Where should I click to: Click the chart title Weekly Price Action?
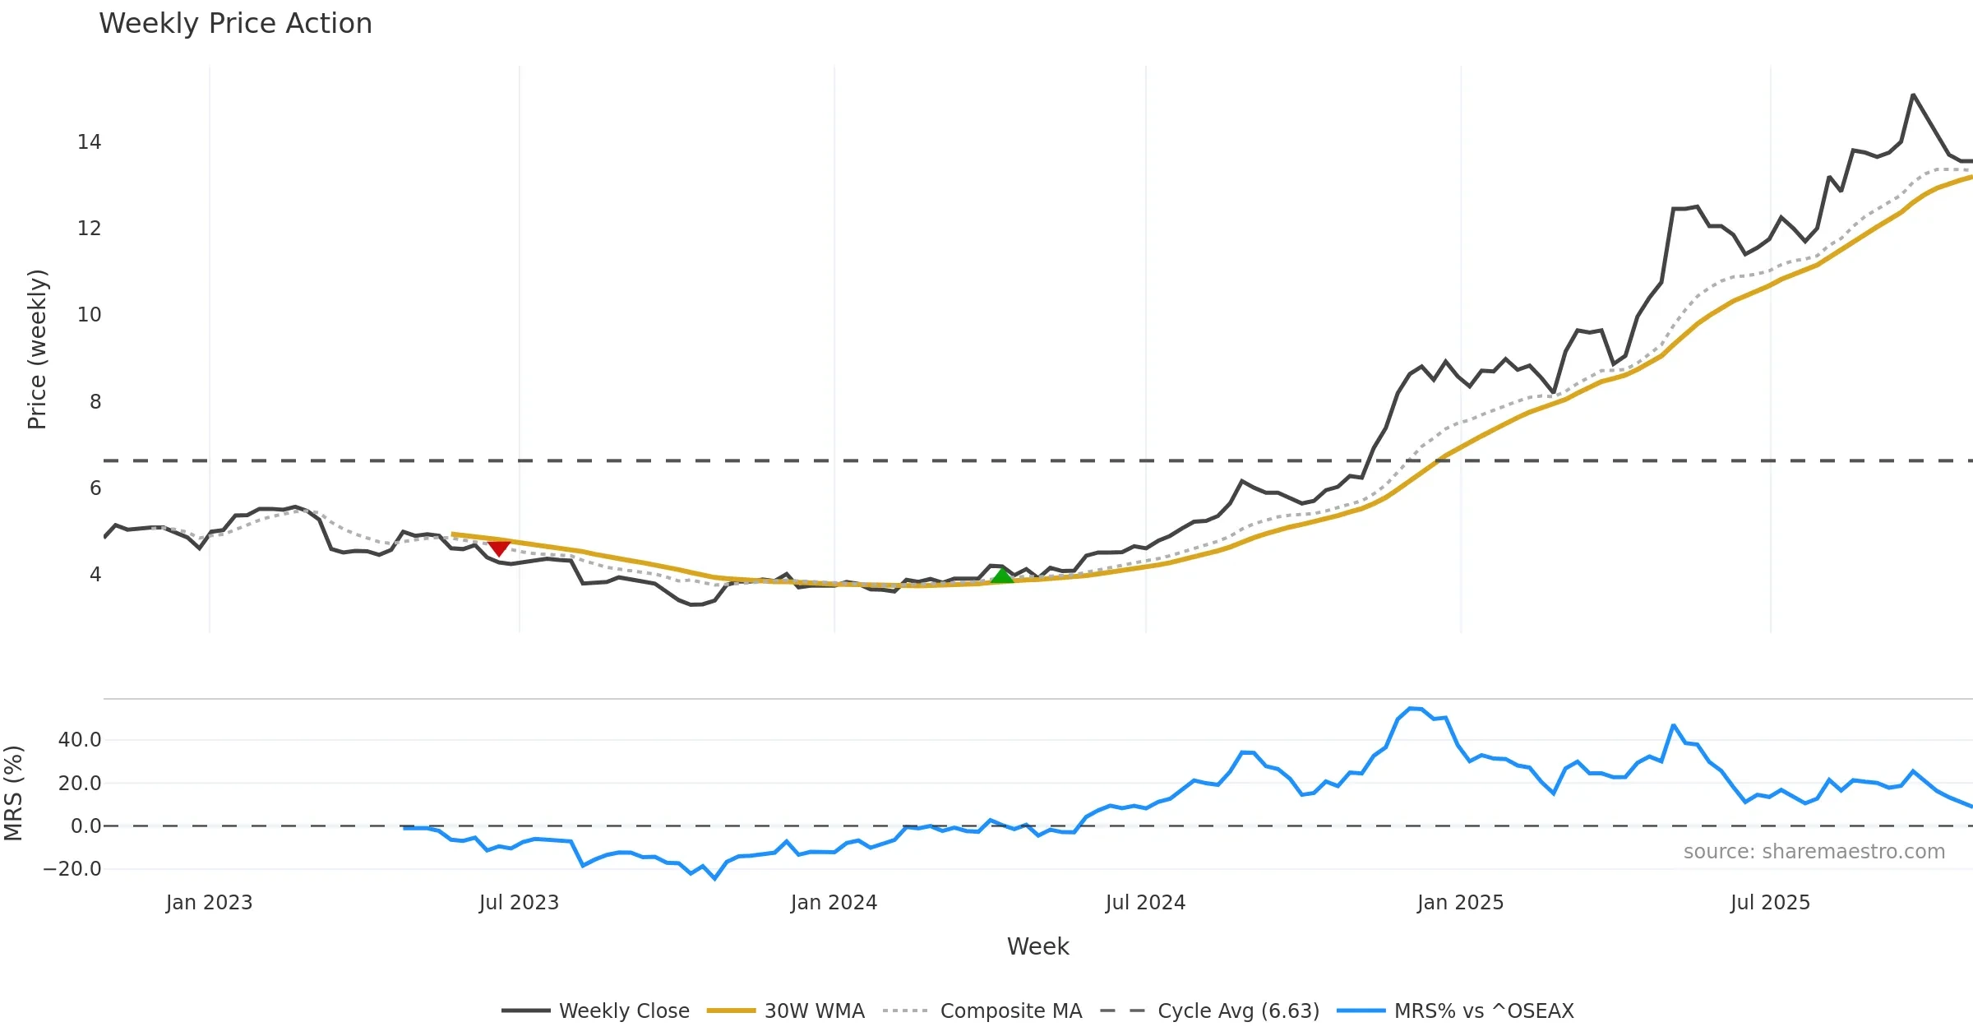(235, 24)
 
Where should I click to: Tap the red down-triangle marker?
(499, 548)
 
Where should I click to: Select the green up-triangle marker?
(1002, 576)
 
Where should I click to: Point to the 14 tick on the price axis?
(90, 142)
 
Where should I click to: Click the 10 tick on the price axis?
(90, 315)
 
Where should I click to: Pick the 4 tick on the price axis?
(95, 575)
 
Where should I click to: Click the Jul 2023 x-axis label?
(519, 903)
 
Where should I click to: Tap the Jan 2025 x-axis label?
(1460, 903)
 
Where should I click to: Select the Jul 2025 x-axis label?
(1770, 903)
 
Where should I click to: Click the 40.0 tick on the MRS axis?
(80, 740)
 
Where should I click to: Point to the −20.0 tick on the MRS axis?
(72, 869)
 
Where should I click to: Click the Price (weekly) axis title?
(37, 349)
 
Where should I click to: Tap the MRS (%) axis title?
(14, 793)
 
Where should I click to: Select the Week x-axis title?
(1037, 947)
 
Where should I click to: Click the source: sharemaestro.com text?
(1814, 852)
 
